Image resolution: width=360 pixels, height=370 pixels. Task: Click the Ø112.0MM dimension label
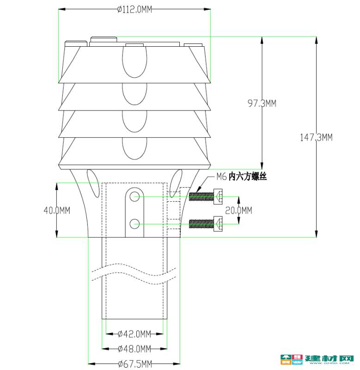[134, 9]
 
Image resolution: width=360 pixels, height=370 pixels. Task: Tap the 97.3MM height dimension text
[262, 103]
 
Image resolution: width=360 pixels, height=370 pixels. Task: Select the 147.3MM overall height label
[316, 137]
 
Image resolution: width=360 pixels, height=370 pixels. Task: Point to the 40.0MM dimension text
[57, 210]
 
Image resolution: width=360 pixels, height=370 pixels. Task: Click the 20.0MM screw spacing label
[238, 210]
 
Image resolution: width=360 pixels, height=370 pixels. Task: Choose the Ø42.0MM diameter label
[134, 334]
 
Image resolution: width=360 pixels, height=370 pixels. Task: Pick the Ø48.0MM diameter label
[134, 349]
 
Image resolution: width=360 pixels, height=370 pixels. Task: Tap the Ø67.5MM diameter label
[135, 364]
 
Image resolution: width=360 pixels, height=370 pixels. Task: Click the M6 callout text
[222, 177]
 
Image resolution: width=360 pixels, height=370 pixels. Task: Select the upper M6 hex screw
[206, 197]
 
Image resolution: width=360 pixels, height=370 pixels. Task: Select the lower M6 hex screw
[206, 224]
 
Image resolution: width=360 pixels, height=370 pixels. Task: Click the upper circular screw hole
[134, 196]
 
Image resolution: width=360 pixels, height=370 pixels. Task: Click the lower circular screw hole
[134, 224]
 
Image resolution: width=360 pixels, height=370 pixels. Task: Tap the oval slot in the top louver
[134, 62]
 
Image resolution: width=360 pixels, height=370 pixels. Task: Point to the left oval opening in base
[93, 183]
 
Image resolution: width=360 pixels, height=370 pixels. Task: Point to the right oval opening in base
[176, 183]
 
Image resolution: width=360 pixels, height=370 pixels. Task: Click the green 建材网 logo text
[329, 358]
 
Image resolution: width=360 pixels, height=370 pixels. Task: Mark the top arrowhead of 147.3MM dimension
[316, 40]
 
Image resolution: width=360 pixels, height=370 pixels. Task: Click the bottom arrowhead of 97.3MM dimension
[262, 166]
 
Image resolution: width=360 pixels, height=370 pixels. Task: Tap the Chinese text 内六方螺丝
[248, 177]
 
